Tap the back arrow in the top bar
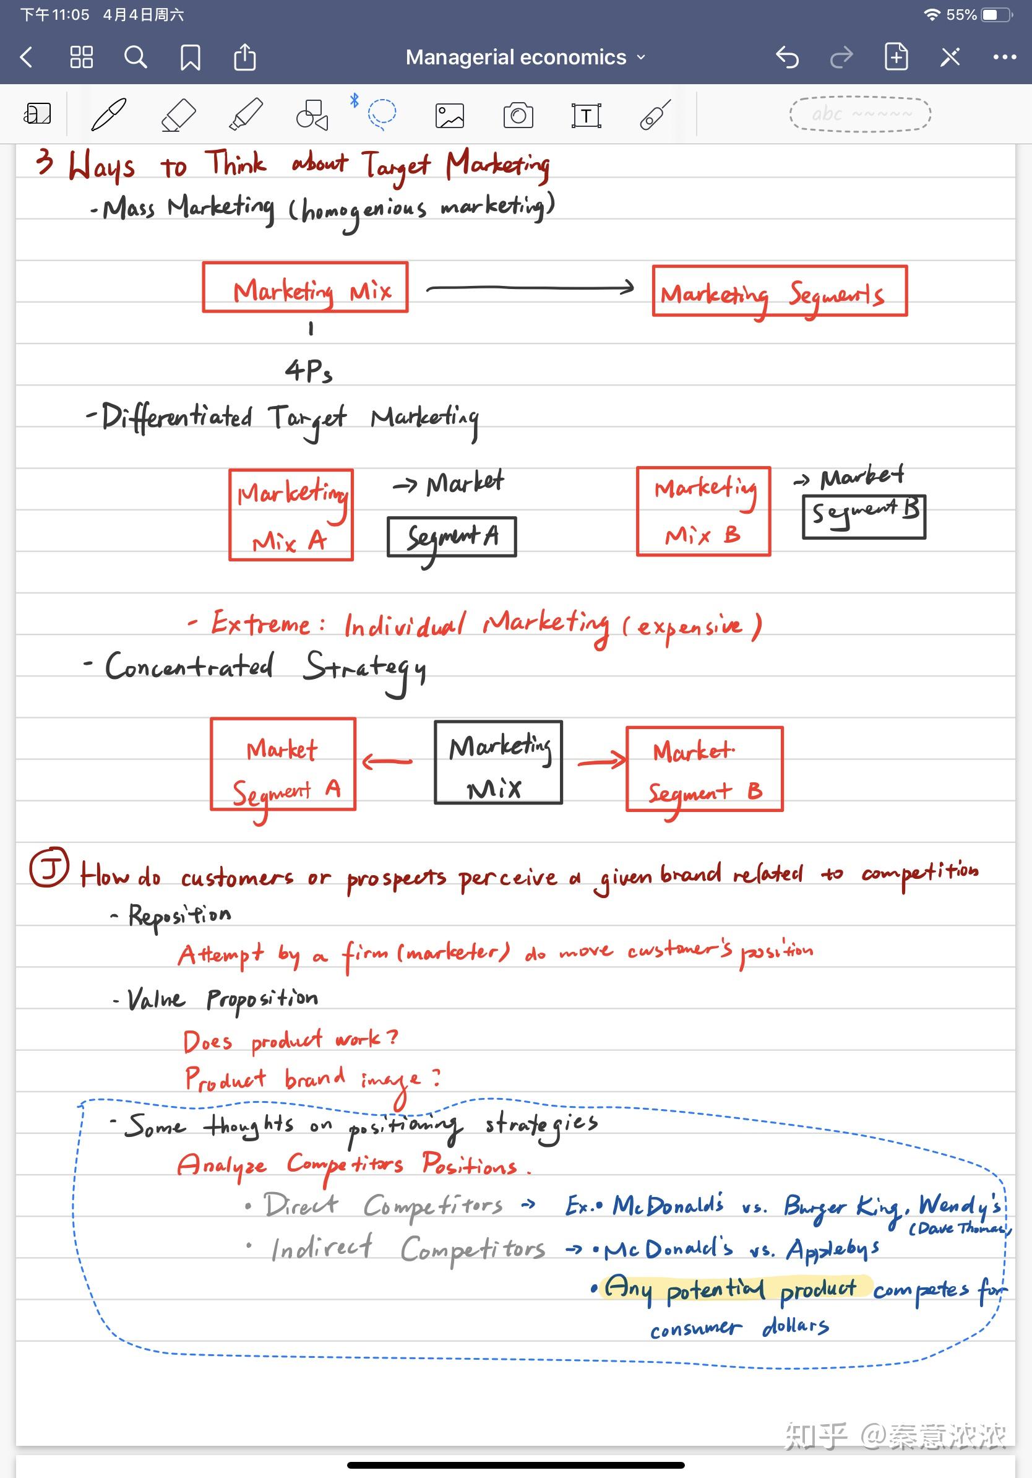[x=27, y=58]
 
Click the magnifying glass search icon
[x=135, y=58]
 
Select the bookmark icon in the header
[x=190, y=58]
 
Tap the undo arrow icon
[x=787, y=58]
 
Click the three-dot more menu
[x=1004, y=58]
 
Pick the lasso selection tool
[x=382, y=114]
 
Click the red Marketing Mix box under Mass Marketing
[x=305, y=287]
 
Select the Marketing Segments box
[x=779, y=291]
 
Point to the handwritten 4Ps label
[x=309, y=371]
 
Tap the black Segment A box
[x=452, y=536]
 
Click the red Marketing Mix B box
[x=703, y=511]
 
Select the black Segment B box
[x=864, y=516]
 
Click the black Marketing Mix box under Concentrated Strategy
[x=498, y=762]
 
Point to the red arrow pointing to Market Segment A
[x=387, y=761]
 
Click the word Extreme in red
[x=260, y=623]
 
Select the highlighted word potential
[x=715, y=1289]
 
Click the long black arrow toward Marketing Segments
[x=530, y=288]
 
